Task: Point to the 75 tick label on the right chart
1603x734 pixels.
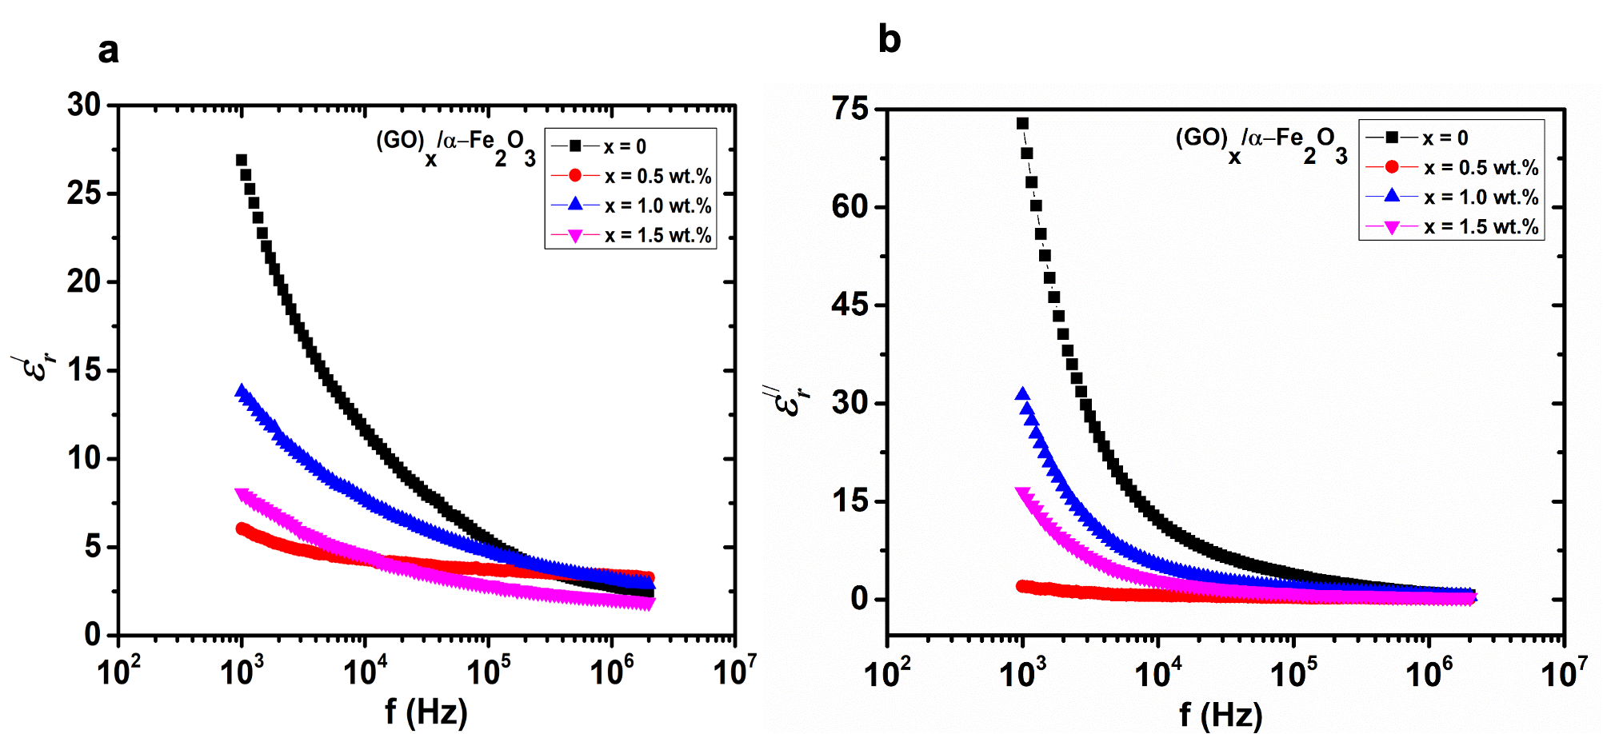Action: click(x=849, y=109)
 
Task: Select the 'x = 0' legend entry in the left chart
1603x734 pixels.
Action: click(x=624, y=146)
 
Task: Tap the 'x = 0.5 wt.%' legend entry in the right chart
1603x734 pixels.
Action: click(x=1480, y=167)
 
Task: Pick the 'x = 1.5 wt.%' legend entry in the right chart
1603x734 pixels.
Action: click(x=1480, y=227)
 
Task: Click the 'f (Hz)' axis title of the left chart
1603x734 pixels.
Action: click(x=426, y=711)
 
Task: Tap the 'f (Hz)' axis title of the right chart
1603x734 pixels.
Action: click(x=1221, y=714)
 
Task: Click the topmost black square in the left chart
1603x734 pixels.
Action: click(x=242, y=160)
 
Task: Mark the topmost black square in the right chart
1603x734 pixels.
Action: click(x=1022, y=124)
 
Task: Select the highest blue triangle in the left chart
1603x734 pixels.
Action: click(x=242, y=391)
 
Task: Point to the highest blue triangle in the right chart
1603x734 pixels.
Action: click(x=1022, y=394)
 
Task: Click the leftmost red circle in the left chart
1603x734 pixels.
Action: click(x=242, y=529)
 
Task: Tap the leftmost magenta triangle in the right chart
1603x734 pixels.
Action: click(x=1022, y=493)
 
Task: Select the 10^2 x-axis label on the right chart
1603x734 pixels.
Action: click(x=886, y=673)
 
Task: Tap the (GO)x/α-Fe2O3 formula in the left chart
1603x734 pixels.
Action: click(x=455, y=147)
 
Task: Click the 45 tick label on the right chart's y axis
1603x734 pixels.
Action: click(x=849, y=305)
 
